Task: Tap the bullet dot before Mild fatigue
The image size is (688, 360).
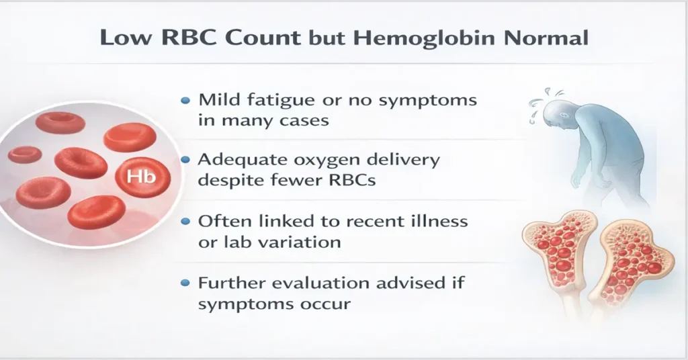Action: (x=186, y=101)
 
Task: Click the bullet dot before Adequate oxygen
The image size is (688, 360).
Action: (x=186, y=161)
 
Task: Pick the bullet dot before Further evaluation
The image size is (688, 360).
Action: (x=186, y=283)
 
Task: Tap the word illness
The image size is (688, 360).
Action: (x=434, y=221)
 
